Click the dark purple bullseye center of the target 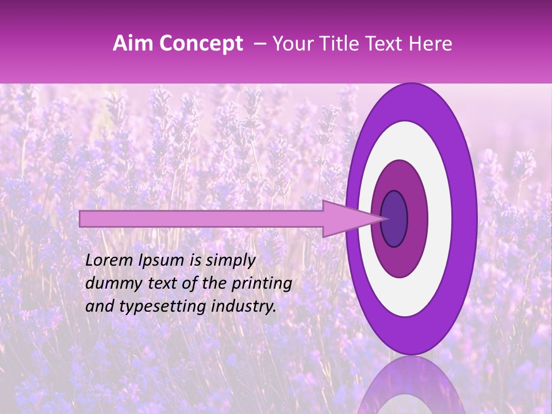[394, 218]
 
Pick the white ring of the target [440, 218]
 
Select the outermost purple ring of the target [465, 218]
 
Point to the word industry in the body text [244, 307]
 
